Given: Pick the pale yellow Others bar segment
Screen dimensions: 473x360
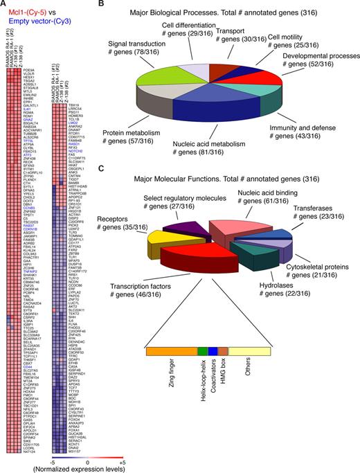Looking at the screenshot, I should pyautogui.click(x=249, y=351).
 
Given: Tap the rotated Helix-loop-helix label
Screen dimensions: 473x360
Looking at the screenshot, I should pyautogui.click(x=202, y=387).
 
